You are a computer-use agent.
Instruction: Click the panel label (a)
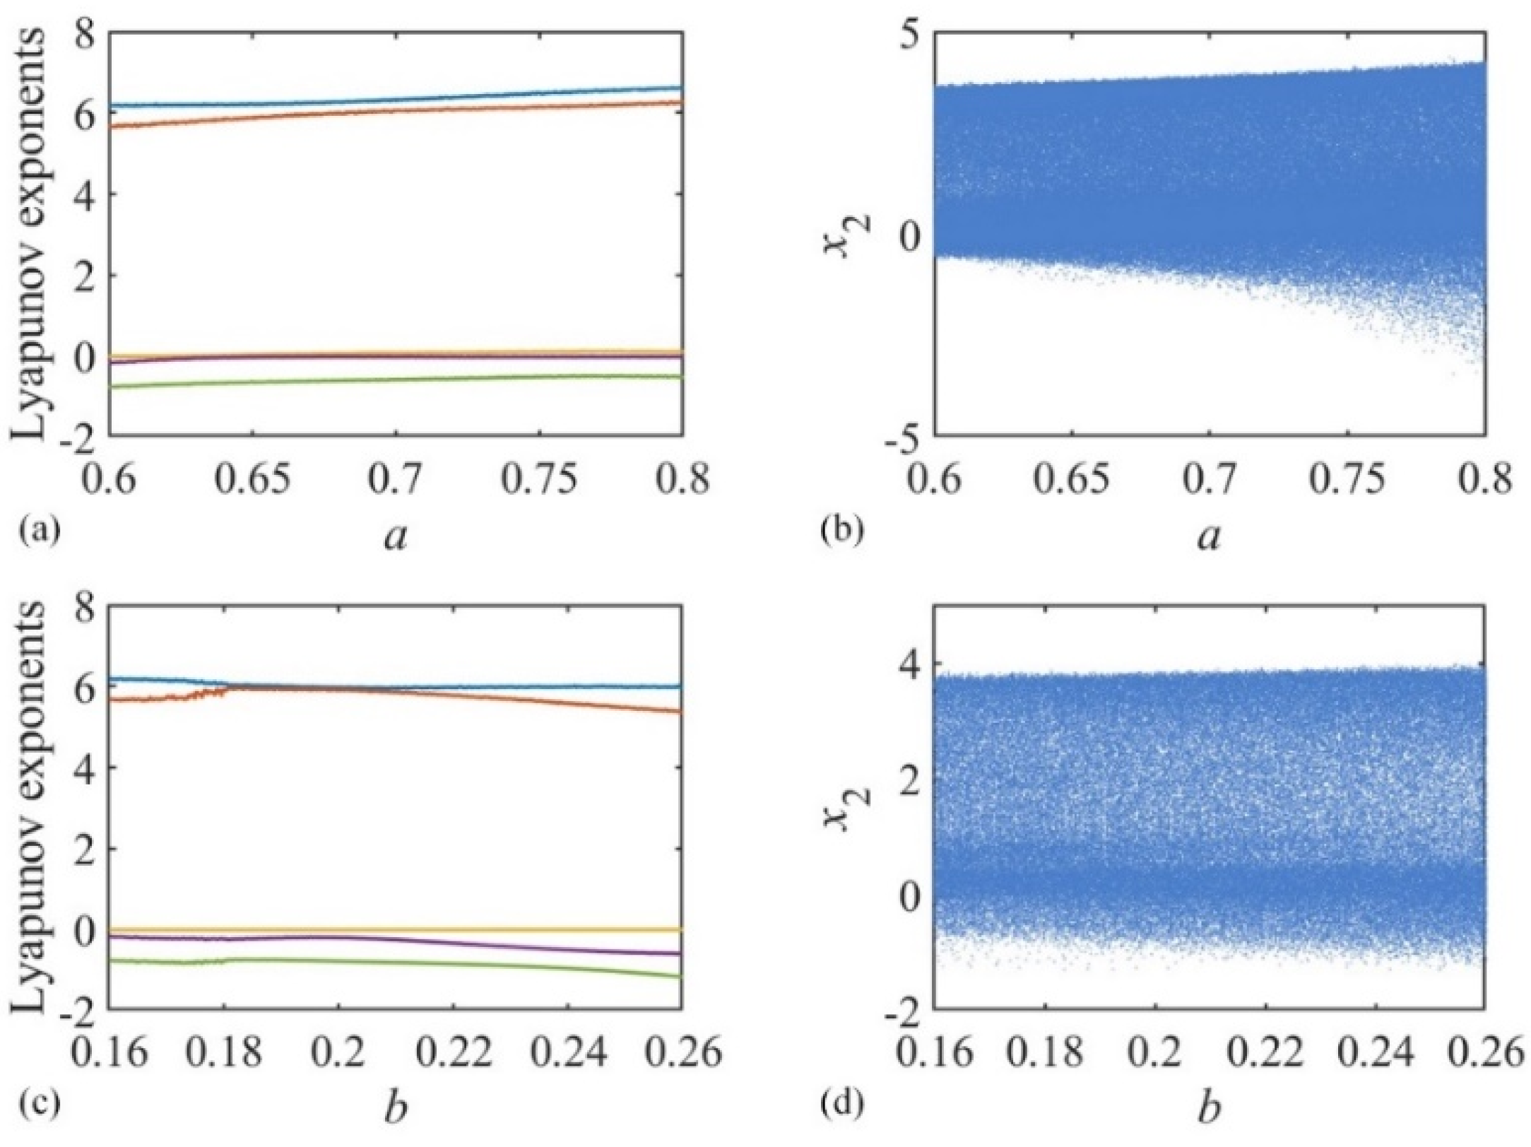(x=35, y=529)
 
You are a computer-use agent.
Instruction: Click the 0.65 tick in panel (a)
(x=254, y=481)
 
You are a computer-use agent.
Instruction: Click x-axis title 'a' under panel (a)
(x=396, y=539)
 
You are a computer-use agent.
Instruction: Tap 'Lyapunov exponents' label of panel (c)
(x=32, y=806)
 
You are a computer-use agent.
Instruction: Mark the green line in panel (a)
(x=396, y=379)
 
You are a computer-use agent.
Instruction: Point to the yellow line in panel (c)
(x=396, y=929)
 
